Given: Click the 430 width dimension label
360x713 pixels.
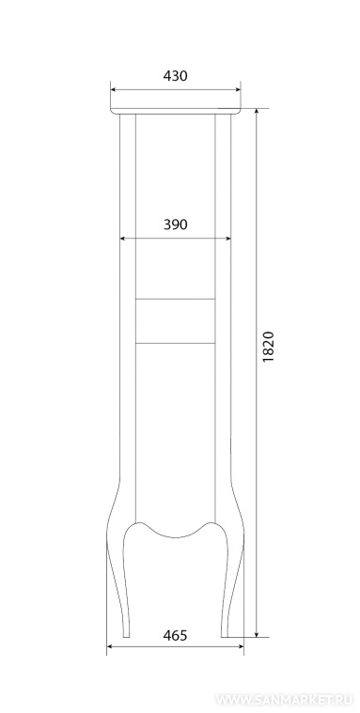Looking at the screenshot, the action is (x=175, y=76).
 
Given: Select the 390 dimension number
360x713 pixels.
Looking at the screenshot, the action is (x=175, y=225).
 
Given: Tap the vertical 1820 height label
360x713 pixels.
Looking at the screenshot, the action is (x=269, y=347).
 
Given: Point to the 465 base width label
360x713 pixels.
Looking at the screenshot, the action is (x=175, y=635).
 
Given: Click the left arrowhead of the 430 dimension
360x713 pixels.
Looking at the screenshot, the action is (x=114, y=89).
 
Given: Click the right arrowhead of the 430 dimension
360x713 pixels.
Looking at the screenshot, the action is (x=238, y=89).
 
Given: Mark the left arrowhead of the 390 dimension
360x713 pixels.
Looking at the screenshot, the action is (x=122, y=238).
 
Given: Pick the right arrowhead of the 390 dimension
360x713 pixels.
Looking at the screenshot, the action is (x=228, y=238).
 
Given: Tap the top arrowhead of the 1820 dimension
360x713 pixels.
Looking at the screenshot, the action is (x=257, y=112).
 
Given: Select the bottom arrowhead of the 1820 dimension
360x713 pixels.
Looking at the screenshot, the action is (x=257, y=634).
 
